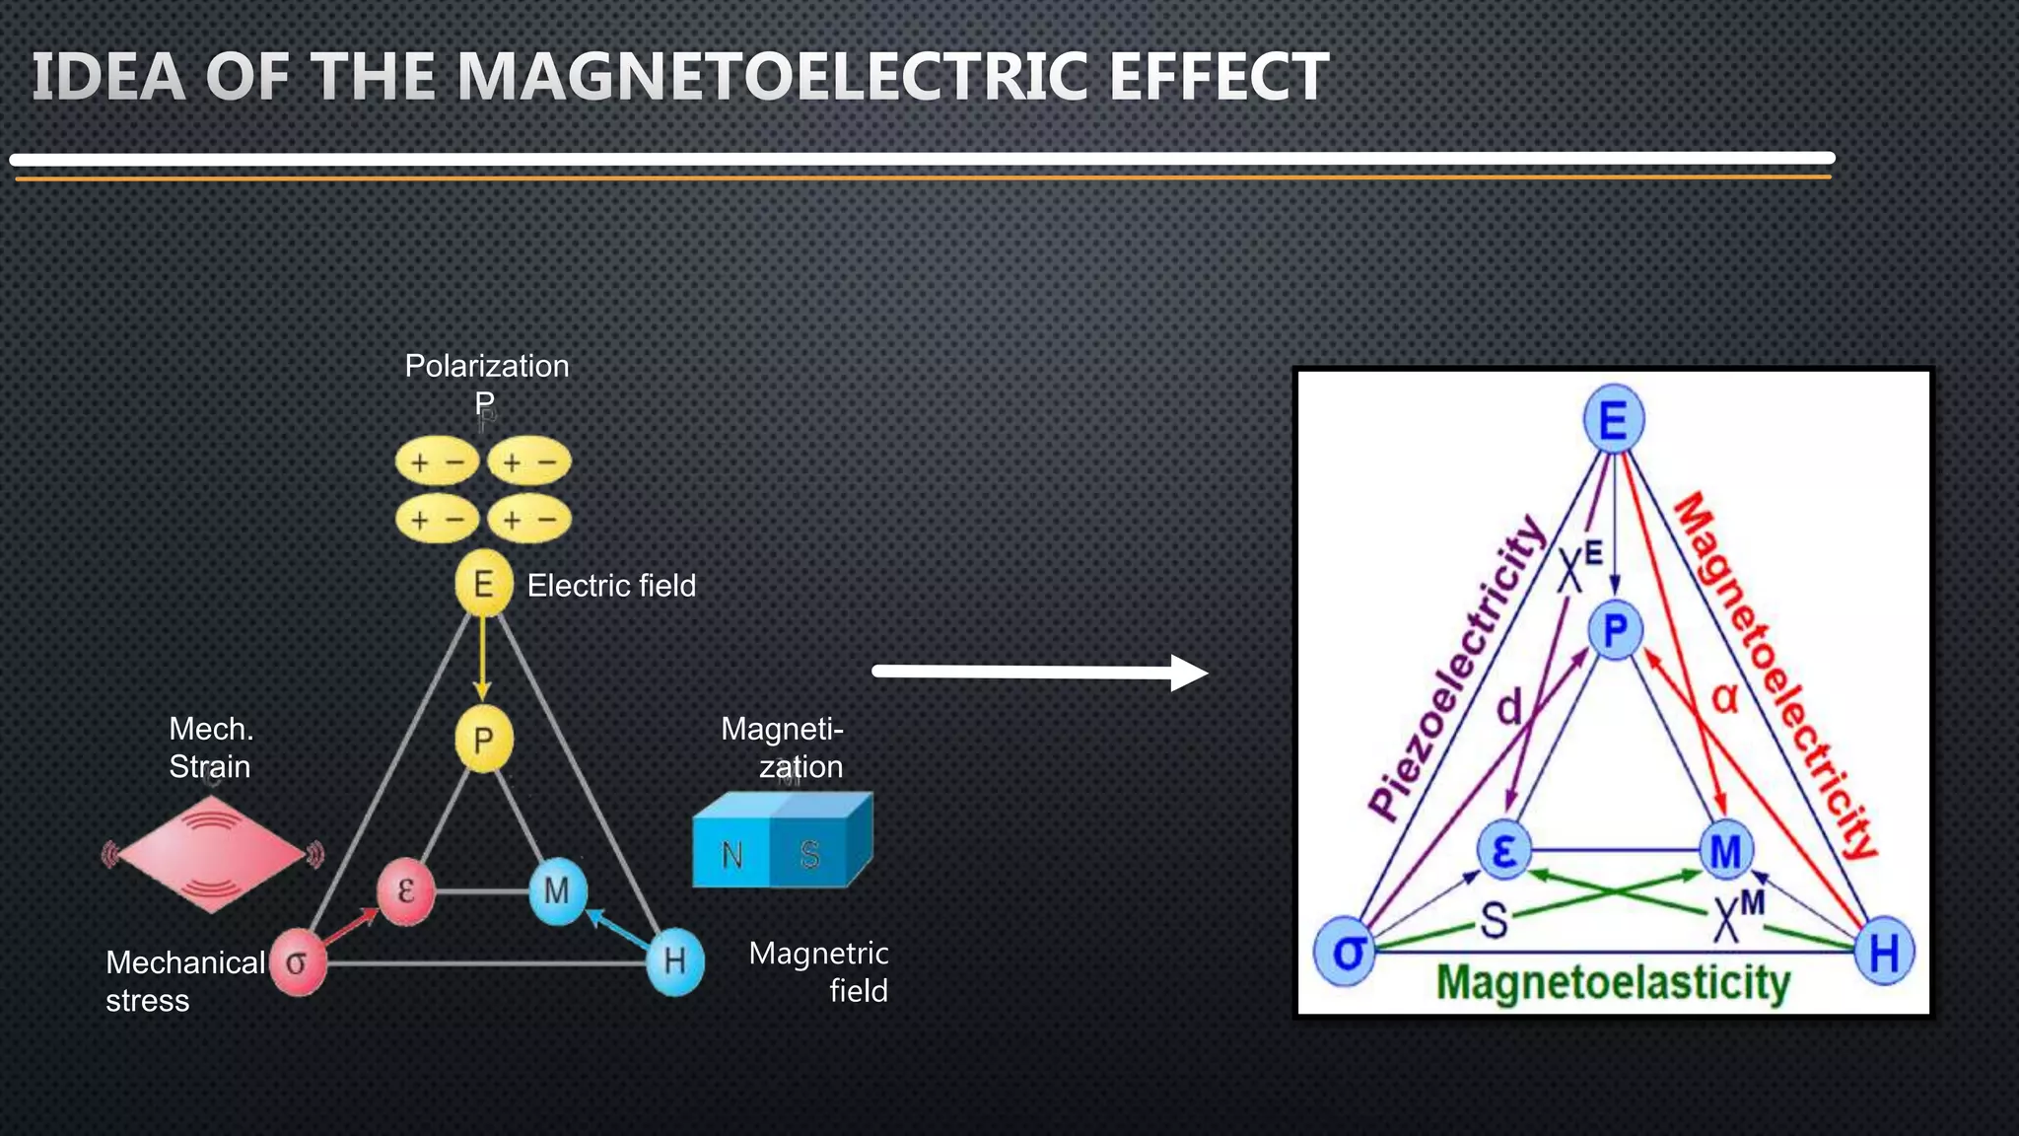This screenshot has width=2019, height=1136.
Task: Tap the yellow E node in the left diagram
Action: coord(483,584)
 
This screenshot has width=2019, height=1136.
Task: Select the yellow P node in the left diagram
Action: coord(483,740)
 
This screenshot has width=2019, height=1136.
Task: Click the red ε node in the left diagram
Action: coord(406,891)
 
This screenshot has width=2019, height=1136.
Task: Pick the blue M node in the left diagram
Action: coord(557,891)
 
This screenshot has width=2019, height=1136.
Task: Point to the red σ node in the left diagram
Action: coord(297,962)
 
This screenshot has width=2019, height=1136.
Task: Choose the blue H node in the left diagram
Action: coord(675,960)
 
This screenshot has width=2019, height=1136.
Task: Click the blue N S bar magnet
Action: coord(781,842)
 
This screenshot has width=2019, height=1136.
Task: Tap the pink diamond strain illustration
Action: coord(211,854)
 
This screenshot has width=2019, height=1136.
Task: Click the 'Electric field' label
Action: coord(611,586)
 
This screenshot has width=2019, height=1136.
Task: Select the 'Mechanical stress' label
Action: coord(184,981)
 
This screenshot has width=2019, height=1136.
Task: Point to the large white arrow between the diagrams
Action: coord(1040,673)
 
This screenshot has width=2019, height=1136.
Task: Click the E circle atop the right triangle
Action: coord(1613,421)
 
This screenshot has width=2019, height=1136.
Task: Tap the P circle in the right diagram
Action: coord(1615,630)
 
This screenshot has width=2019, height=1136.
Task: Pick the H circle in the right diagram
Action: coord(1883,953)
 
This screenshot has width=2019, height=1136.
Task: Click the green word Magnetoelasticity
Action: coord(1613,984)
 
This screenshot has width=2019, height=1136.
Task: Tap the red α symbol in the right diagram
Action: coord(1724,698)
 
